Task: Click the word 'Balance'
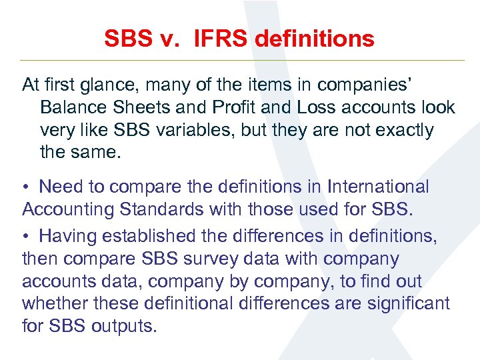73,107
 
